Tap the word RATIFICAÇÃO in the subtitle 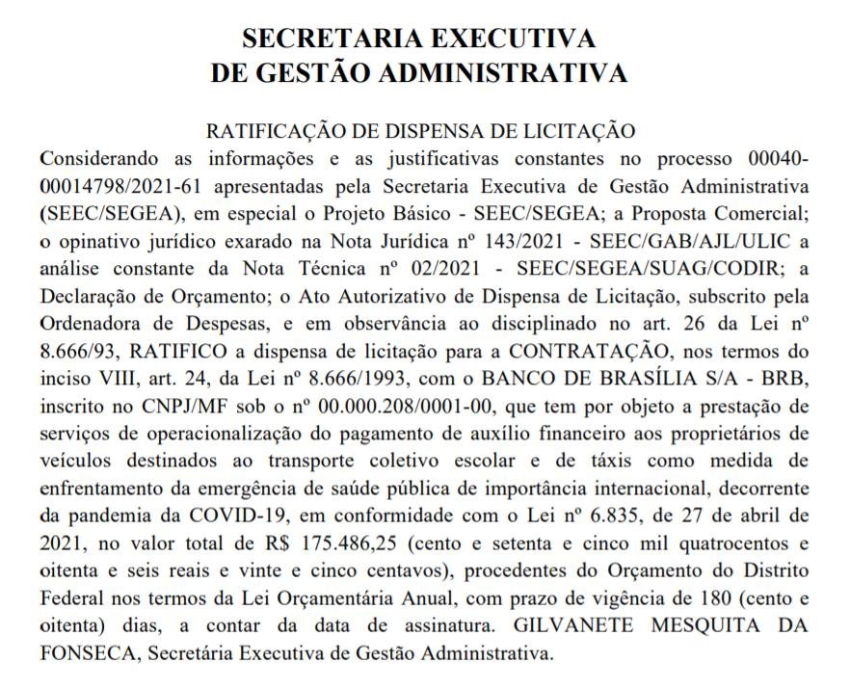[x=263, y=131]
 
